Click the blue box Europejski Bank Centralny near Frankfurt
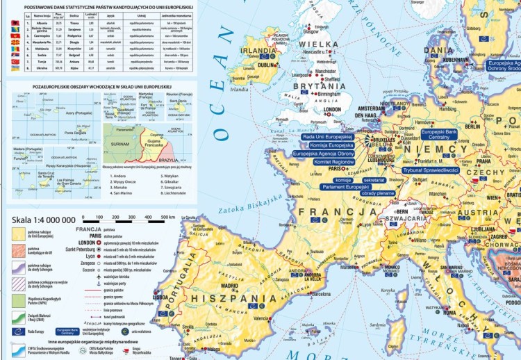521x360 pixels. pos(439,134)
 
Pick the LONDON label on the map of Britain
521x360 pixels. pos(331,109)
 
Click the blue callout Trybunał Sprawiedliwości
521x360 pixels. pos(431,170)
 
